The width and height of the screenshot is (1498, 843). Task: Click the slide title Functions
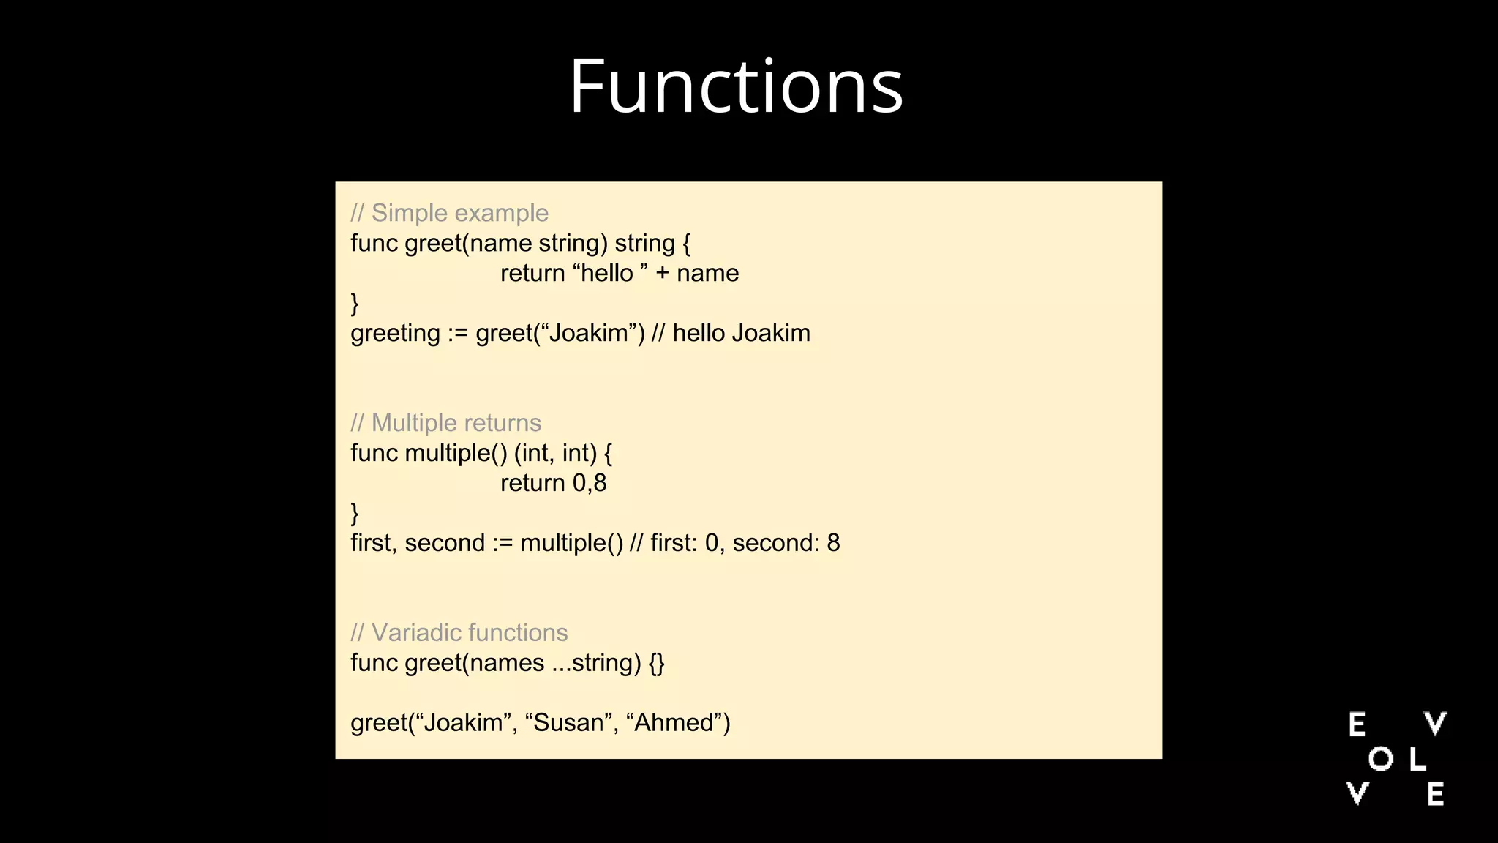tap(736, 86)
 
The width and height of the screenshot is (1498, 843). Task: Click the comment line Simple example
tap(449, 213)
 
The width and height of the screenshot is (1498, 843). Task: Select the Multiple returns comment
tap(445, 423)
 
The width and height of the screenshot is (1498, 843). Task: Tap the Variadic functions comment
tap(459, 633)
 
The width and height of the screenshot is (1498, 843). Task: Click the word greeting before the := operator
tap(395, 334)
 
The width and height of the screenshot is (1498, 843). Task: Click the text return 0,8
tap(553, 483)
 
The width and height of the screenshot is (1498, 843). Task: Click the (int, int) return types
tap(556, 453)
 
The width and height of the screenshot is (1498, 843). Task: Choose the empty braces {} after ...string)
tap(657, 663)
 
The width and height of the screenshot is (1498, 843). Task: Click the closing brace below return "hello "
tap(355, 303)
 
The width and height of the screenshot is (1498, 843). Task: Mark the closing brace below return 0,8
tap(355, 513)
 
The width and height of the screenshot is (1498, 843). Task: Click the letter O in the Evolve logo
tap(1380, 759)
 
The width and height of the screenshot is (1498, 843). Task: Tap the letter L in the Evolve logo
tap(1418, 759)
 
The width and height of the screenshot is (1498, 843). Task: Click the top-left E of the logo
tap(1357, 724)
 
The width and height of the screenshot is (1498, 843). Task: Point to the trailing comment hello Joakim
tap(741, 334)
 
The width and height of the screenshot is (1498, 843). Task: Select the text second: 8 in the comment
tap(786, 543)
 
